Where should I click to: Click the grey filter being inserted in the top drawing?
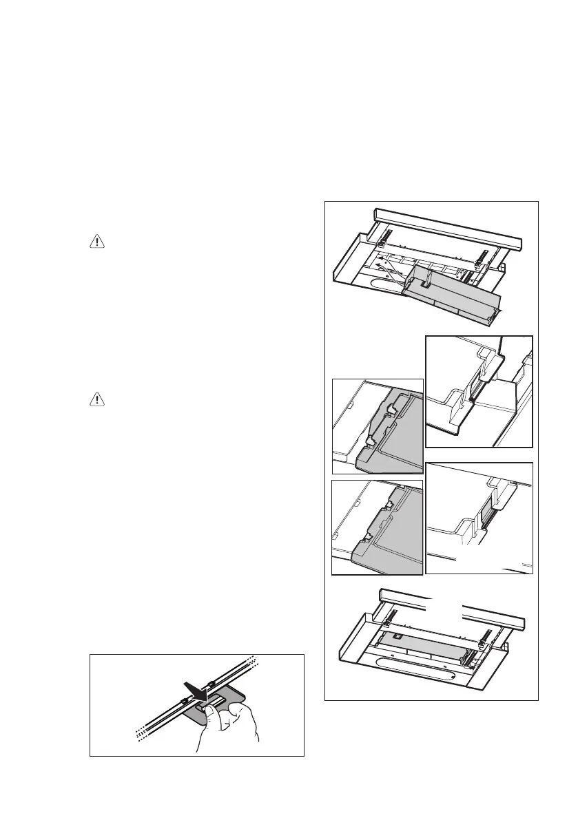pos(455,296)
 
